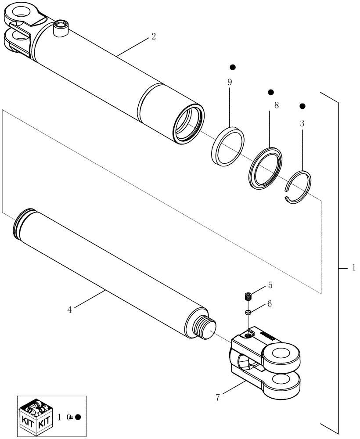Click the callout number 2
pyautogui.click(x=153, y=37)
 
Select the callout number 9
pyautogui.click(x=230, y=82)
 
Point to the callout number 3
pyautogui.click(x=302, y=123)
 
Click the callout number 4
pyautogui.click(x=70, y=309)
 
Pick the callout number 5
pyautogui.click(x=270, y=285)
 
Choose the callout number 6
pyautogui.click(x=270, y=303)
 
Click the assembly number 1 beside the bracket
pyautogui.click(x=354, y=267)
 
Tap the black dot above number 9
pyautogui.click(x=233, y=67)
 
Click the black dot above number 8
pyautogui.click(x=271, y=92)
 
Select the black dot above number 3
pyautogui.click(x=302, y=106)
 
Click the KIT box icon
pyautogui.click(x=36, y=414)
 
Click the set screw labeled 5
pyautogui.click(x=248, y=296)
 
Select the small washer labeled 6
pyautogui.click(x=248, y=312)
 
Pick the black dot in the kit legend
pyautogui.click(x=78, y=417)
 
